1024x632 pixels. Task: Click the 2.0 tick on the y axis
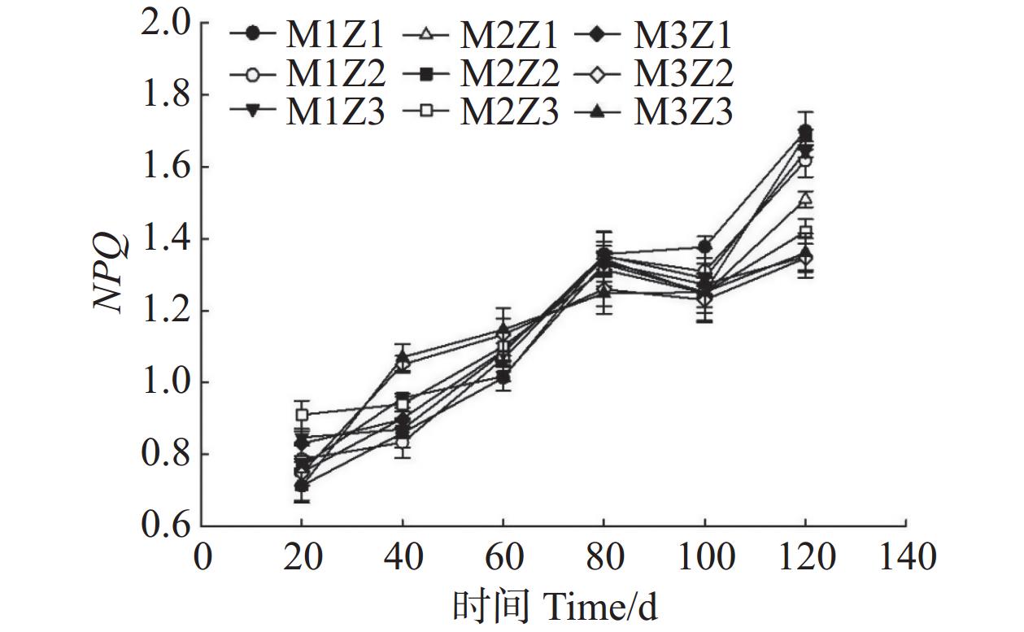click(x=166, y=23)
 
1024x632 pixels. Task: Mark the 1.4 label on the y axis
click(x=166, y=239)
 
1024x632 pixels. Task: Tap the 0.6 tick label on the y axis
click(x=166, y=526)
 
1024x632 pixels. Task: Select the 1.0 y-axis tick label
click(x=166, y=383)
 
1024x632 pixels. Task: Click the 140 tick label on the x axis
click(x=904, y=558)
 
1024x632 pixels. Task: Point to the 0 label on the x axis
click(x=202, y=558)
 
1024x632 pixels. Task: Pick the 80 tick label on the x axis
click(x=604, y=558)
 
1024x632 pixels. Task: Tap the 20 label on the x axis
click(x=302, y=558)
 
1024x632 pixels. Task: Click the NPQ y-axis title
click(x=111, y=273)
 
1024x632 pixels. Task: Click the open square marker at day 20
click(x=302, y=415)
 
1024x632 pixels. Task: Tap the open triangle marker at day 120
click(x=805, y=198)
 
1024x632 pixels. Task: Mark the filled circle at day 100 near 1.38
click(x=704, y=246)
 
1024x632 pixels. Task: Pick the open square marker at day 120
click(x=805, y=233)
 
